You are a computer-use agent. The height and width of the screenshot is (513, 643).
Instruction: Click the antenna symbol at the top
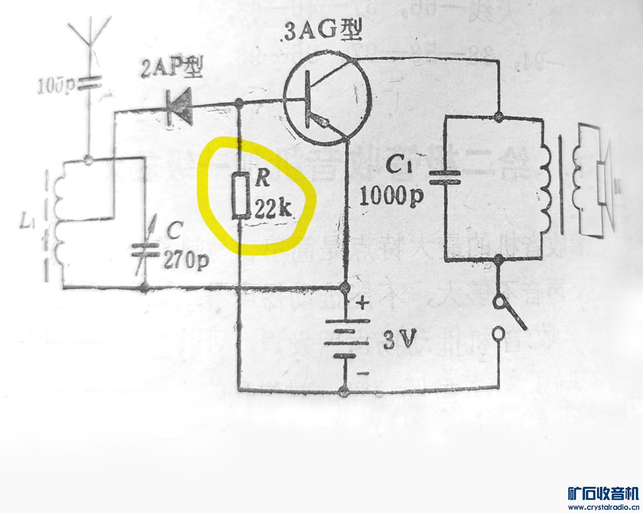click(x=89, y=34)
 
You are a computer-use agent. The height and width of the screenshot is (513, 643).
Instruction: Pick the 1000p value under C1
click(x=392, y=196)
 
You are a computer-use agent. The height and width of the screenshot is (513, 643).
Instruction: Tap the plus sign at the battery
click(x=363, y=303)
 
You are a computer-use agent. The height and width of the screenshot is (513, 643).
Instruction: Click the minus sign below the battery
click(x=363, y=373)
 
